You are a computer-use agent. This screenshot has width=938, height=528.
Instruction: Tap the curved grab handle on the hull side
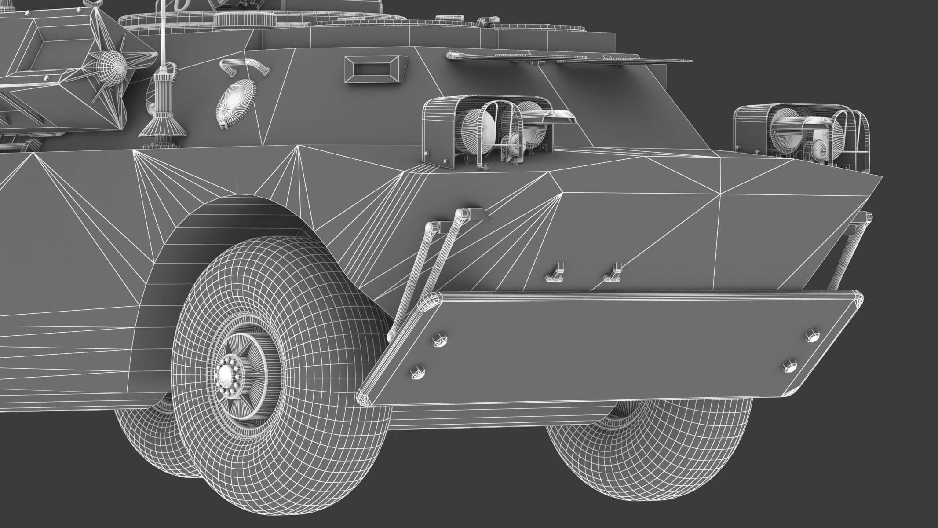[x=244, y=66]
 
